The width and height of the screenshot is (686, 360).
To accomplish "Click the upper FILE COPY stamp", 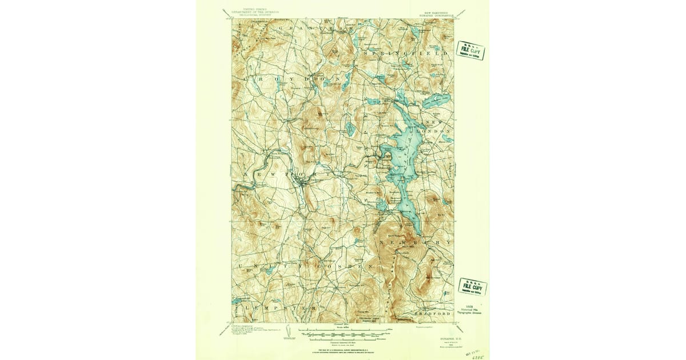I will [471, 50].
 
